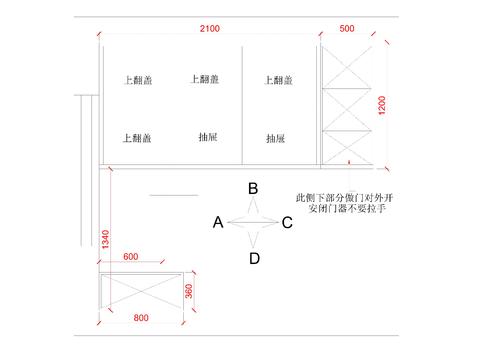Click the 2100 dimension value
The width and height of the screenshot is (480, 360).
click(x=210, y=29)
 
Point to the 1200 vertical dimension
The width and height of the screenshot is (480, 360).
click(x=381, y=103)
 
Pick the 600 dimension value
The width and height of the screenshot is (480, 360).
click(x=131, y=256)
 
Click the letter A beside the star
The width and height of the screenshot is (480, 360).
click(x=217, y=223)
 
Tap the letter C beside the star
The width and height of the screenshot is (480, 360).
click(x=287, y=223)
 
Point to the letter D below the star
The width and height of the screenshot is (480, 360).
click(x=254, y=259)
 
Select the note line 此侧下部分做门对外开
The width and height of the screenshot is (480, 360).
click(x=341, y=198)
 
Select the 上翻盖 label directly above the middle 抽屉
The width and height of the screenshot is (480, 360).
click(x=206, y=79)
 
